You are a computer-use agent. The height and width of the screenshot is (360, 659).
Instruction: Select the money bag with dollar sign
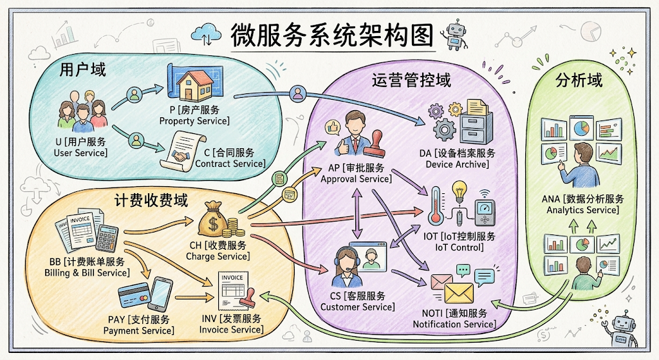point(214,219)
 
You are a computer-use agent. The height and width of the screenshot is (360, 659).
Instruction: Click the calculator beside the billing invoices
point(107,238)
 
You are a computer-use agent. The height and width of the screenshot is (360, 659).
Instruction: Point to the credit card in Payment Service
point(134,295)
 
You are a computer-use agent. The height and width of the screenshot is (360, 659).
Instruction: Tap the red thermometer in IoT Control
point(436,206)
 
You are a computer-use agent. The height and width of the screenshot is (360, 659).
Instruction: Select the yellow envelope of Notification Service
point(459,294)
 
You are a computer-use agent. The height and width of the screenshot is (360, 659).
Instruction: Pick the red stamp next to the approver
point(375,144)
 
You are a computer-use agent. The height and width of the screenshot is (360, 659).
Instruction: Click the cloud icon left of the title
point(206,33)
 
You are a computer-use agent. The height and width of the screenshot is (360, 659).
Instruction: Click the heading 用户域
point(82,70)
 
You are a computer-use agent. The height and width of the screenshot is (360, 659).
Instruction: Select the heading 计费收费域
point(151,200)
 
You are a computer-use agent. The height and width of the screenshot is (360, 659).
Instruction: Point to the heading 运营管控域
point(411,80)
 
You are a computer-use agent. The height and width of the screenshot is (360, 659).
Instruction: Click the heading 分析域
point(579,80)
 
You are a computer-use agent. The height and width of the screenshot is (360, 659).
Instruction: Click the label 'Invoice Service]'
point(232,330)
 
